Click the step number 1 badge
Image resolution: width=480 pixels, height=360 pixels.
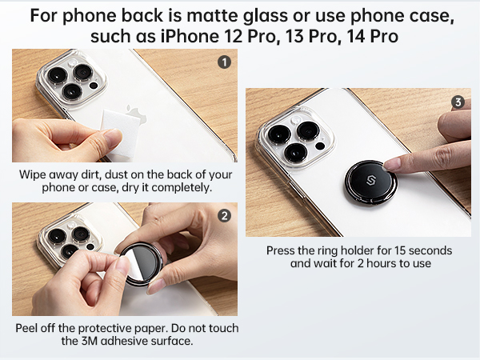225,62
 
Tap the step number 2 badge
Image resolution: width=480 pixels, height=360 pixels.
225,215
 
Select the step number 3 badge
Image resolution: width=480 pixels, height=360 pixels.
458,102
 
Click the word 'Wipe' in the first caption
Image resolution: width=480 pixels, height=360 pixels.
33,174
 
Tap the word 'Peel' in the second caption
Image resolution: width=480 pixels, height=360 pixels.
30,328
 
